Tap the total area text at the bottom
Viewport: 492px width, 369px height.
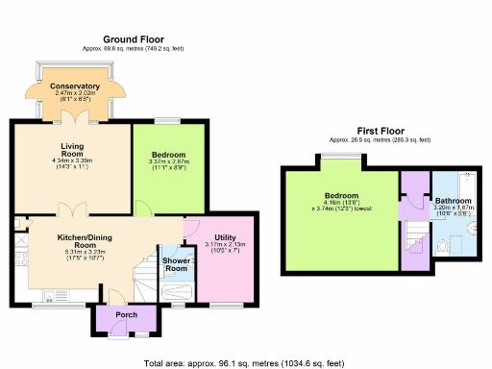(245, 363)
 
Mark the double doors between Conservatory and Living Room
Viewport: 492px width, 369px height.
(74, 118)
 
